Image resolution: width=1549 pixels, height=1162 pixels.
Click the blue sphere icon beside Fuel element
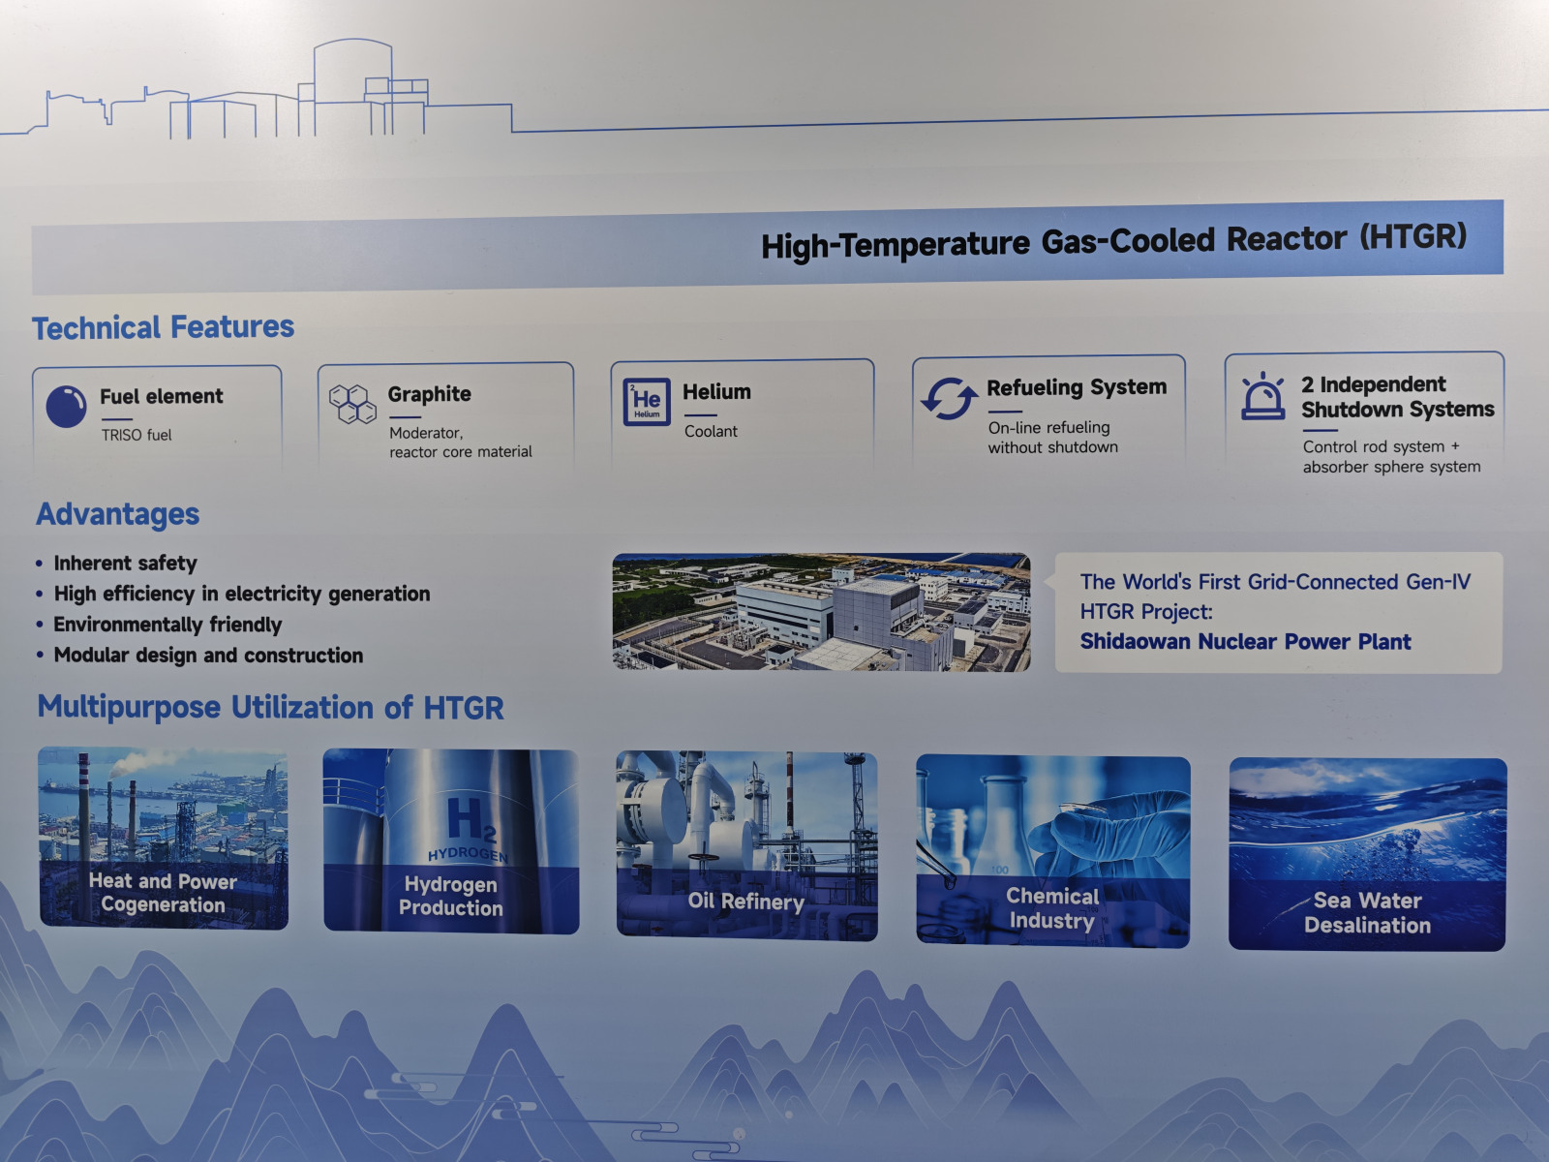coord(66,407)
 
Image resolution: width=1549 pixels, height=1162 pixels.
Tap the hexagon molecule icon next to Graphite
coord(352,404)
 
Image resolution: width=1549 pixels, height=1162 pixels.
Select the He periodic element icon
coord(647,402)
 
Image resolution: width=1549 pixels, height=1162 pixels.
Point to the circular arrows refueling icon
coord(949,399)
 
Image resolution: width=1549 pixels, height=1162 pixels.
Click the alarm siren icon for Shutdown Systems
coord(1262,396)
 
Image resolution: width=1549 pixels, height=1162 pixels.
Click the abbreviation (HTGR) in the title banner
coord(1413,236)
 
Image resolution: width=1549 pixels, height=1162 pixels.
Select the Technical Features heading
coord(163,328)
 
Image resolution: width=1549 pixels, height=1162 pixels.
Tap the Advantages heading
coord(118,514)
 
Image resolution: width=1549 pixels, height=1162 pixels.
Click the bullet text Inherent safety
coord(126,563)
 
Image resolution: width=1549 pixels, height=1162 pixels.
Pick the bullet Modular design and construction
coord(209,656)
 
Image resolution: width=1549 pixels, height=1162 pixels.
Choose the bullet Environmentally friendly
coord(167,626)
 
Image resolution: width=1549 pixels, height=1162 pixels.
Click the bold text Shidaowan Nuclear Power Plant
coord(1246,641)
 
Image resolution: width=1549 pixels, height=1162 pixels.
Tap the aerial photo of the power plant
coord(821,612)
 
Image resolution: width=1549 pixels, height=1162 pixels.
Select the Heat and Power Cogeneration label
coord(163,893)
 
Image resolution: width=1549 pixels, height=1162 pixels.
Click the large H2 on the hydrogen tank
coord(471,820)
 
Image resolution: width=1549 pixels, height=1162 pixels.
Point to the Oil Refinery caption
coord(745,902)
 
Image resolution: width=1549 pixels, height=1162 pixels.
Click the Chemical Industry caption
coord(1052,908)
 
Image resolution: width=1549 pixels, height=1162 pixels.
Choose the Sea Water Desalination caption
coord(1368,913)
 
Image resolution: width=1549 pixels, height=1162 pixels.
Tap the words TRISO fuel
coord(137,436)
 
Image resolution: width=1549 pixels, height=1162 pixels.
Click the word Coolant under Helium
coord(711,431)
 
